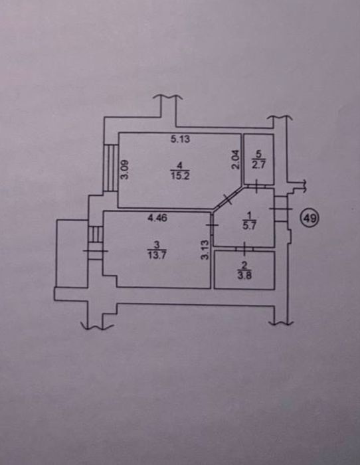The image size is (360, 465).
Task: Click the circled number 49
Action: pos(310,219)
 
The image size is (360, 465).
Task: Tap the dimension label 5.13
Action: pos(180,139)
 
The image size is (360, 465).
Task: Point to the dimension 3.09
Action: pos(125,169)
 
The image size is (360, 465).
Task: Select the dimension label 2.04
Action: pos(235,159)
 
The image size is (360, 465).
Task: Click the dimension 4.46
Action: pos(157,219)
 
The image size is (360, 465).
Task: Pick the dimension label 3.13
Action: pos(205,250)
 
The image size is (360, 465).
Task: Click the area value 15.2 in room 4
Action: pos(180,176)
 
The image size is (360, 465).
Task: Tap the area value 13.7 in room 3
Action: pos(157,254)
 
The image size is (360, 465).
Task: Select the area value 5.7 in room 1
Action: pos(249,225)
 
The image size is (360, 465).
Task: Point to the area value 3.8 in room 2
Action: pos(244,276)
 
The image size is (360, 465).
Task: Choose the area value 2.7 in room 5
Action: pos(258,164)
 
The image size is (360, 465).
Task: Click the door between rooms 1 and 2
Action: pos(244,249)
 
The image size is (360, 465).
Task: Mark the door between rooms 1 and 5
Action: pos(256,186)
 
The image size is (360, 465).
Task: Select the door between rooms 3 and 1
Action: pos(213,225)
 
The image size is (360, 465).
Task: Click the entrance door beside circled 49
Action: pos(280,209)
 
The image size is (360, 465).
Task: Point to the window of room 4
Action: pos(111,168)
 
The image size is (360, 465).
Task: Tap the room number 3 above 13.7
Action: pos(157,244)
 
